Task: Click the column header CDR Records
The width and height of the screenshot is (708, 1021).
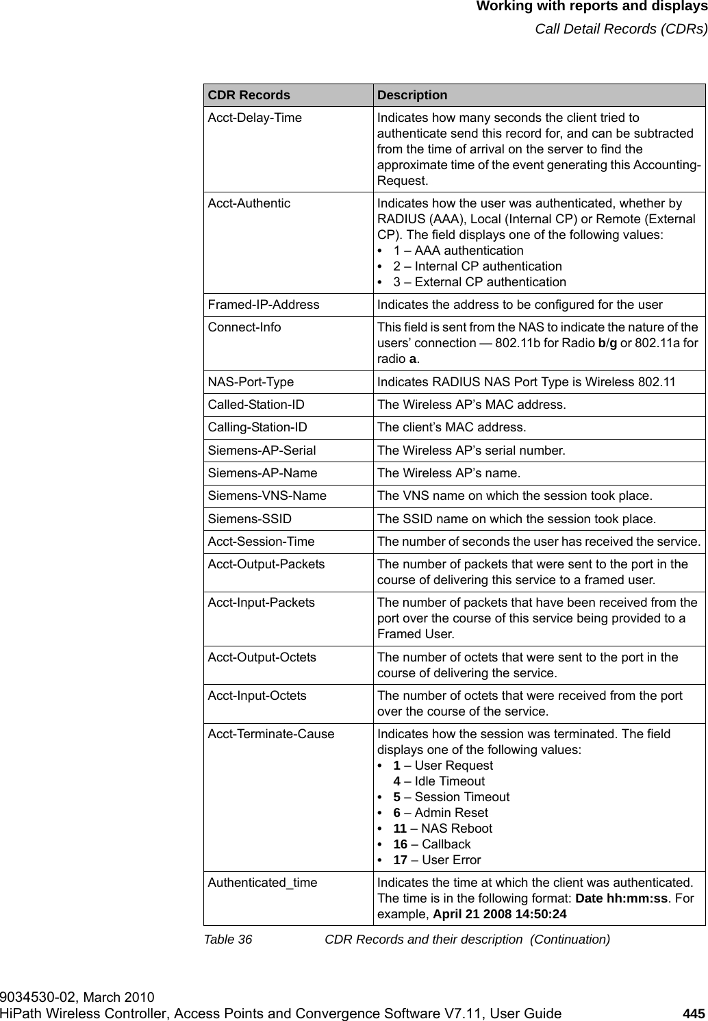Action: (249, 95)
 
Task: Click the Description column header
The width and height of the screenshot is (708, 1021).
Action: (412, 95)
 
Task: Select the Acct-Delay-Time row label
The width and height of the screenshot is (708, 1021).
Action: (255, 118)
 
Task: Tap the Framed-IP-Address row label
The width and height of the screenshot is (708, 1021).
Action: (264, 305)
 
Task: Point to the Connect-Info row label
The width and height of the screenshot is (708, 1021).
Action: (244, 327)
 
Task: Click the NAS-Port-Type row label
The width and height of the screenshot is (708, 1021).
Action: (251, 382)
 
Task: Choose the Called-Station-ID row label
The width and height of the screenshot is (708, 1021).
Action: (256, 405)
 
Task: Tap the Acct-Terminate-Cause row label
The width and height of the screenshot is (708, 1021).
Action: (271, 734)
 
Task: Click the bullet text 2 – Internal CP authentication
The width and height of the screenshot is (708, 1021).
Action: (477, 266)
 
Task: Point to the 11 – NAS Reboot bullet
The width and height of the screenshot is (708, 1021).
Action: (442, 829)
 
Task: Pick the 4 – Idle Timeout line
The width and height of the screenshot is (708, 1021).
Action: (438, 781)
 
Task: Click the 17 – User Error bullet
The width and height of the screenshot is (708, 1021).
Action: (437, 860)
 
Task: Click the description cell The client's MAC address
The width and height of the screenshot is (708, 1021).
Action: (452, 428)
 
